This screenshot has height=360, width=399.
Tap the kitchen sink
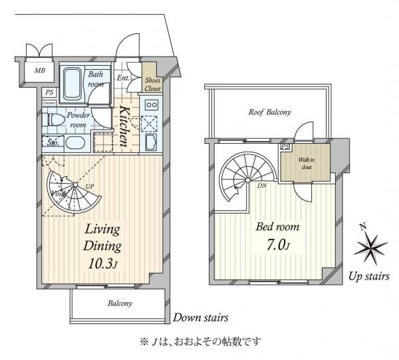151,142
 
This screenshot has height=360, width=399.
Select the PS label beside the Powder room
49,93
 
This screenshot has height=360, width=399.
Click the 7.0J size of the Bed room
278,243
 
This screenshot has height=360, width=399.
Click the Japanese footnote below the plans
199,341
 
